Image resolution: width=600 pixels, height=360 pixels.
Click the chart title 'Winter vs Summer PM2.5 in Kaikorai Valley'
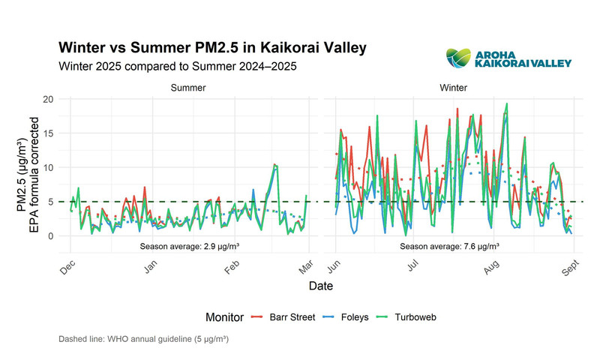[x=212, y=48]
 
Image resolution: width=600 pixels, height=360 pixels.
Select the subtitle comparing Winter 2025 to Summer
[x=177, y=66]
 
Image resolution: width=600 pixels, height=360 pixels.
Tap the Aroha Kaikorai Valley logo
[x=509, y=58]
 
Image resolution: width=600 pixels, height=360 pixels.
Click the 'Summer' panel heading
[x=188, y=88]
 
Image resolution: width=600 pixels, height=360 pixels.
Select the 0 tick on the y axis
[x=50, y=236]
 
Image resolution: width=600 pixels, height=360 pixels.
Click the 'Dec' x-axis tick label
[x=67, y=268]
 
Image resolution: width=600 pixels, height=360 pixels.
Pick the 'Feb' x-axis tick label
[x=230, y=268]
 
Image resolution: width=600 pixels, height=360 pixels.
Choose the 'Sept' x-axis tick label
[x=568, y=268]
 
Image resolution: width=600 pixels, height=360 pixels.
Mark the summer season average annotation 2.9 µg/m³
[x=188, y=245]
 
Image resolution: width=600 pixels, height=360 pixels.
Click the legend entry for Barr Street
[x=273, y=317]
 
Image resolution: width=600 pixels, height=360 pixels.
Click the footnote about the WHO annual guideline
[x=143, y=340]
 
